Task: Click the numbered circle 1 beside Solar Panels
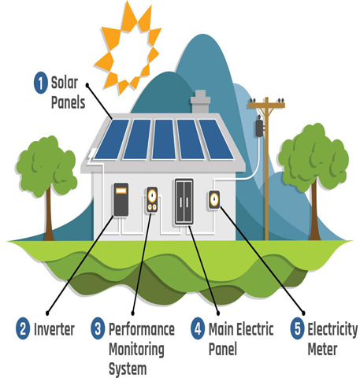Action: click(41, 83)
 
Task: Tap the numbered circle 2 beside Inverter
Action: click(23, 328)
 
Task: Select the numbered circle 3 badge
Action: click(98, 328)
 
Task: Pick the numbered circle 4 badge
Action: click(198, 328)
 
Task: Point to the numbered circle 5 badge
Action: click(298, 328)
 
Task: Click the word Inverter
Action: click(54, 329)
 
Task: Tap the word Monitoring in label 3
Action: click(136, 350)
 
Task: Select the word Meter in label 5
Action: click(322, 349)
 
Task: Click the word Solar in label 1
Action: click(65, 83)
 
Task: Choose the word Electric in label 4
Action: click(255, 329)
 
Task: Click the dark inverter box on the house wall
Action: click(121, 199)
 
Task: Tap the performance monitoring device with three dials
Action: click(152, 199)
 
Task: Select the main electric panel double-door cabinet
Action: click(184, 202)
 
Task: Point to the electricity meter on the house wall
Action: click(214, 200)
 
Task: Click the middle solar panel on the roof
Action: click(164, 139)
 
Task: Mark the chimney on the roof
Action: click(200, 102)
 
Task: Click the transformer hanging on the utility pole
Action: click(260, 128)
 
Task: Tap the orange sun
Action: click(128, 49)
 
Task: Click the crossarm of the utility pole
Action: click(266, 106)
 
